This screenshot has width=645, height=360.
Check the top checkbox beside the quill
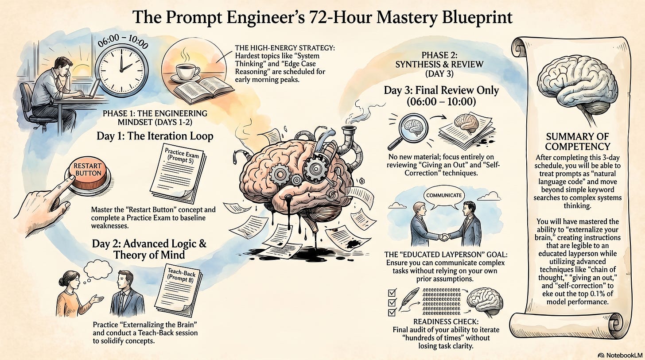click(392, 293)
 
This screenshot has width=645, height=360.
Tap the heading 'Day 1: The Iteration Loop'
click(155, 136)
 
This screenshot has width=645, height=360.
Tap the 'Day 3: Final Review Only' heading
click(441, 91)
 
